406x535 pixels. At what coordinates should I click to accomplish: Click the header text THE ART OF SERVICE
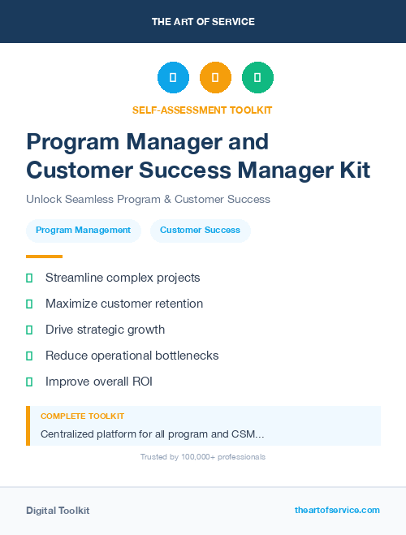(203, 22)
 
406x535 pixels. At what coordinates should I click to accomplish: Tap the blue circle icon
(173, 78)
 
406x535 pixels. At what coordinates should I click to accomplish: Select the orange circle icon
(215, 78)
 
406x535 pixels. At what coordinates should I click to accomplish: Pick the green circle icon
(257, 78)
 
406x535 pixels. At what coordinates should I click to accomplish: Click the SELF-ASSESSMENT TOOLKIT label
(202, 110)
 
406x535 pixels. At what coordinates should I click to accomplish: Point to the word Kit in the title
(351, 170)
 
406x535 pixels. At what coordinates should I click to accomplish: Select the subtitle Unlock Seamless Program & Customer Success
(148, 199)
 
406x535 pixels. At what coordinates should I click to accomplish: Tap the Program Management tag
(83, 231)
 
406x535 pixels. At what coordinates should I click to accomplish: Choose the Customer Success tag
(200, 231)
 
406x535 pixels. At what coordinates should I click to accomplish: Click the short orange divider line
(44, 257)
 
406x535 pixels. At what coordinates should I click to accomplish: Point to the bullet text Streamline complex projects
(123, 278)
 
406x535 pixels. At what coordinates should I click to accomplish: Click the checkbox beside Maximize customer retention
(30, 304)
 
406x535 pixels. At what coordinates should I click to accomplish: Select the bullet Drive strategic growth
(105, 330)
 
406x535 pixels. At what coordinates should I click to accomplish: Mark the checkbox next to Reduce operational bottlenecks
(30, 356)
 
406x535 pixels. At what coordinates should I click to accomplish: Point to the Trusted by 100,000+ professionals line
(203, 457)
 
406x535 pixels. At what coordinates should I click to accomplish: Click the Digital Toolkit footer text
(58, 511)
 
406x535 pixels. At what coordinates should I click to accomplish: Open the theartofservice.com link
(337, 510)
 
